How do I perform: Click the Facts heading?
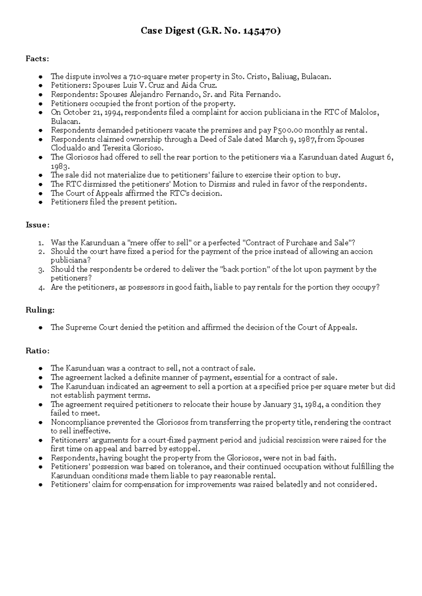(37, 59)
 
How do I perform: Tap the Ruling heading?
(40, 310)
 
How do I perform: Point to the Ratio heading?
(38, 351)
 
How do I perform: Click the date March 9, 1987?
(291, 139)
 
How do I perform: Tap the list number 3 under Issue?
(41, 270)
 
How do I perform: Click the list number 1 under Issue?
(41, 243)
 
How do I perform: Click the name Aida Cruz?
(199, 85)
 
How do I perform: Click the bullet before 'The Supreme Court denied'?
(41, 328)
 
